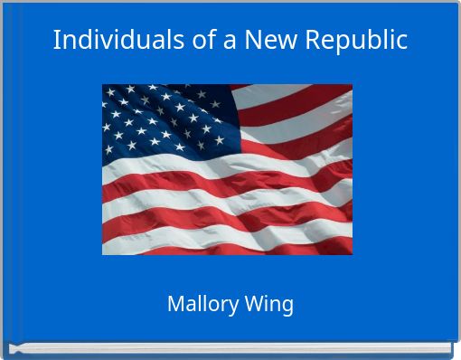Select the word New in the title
click(278, 41)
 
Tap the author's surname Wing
click(269, 305)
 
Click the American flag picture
click(227, 169)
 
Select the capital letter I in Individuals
click(57, 41)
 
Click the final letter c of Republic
click(401, 42)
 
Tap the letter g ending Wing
click(287, 307)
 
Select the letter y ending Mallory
click(234, 307)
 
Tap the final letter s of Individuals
click(156, 42)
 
